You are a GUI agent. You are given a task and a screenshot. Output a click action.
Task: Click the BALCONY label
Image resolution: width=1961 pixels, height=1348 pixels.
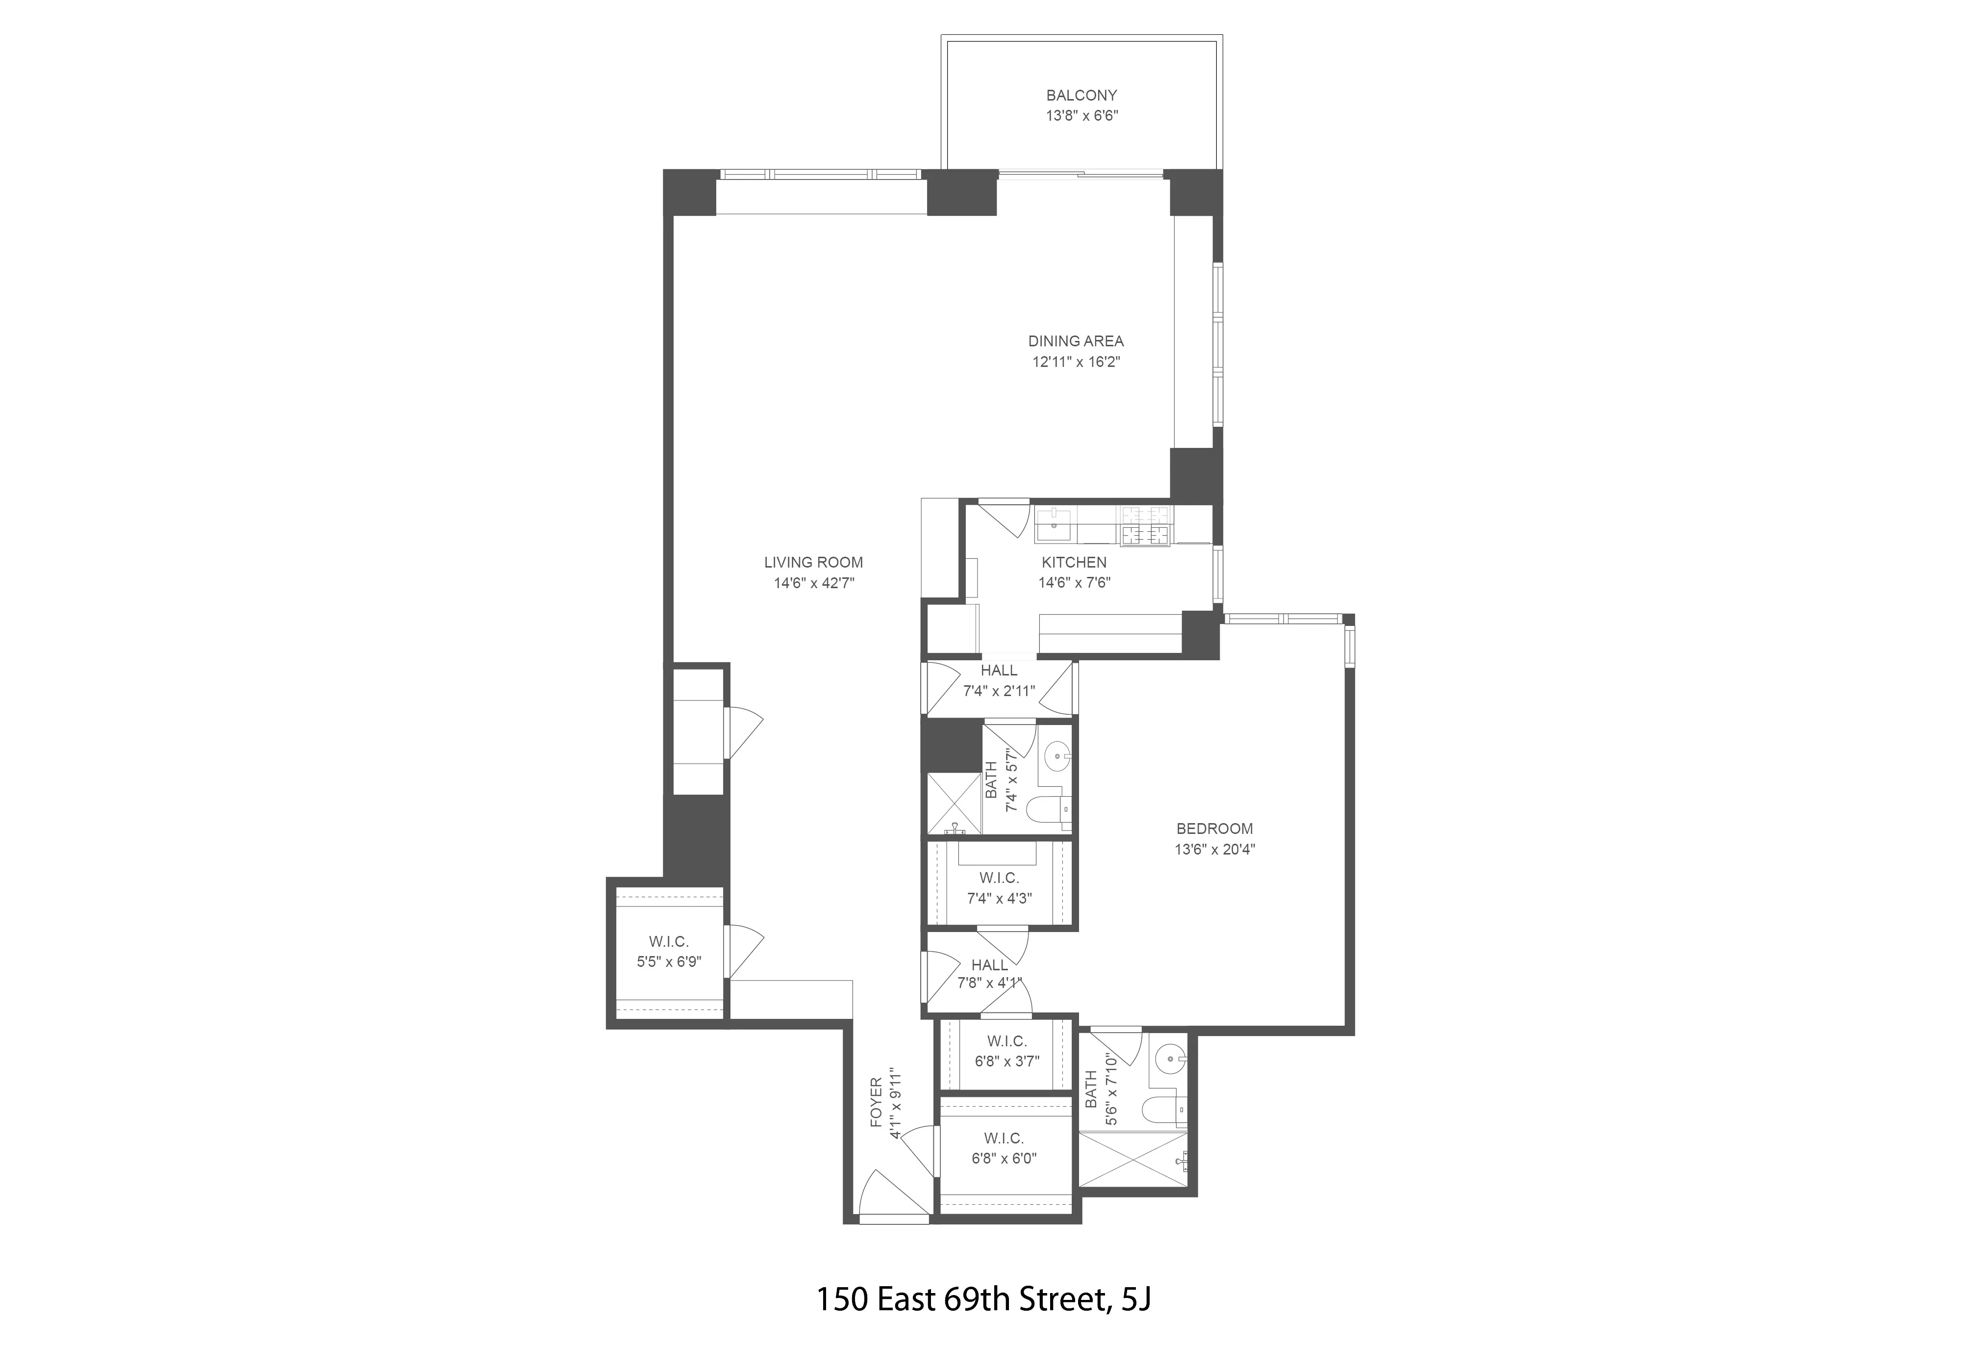(x=1081, y=96)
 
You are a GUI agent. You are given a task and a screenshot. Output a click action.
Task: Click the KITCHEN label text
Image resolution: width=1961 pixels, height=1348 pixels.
(x=1074, y=562)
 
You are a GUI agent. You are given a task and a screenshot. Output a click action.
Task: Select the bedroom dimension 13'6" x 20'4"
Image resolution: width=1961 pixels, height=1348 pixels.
(x=1215, y=850)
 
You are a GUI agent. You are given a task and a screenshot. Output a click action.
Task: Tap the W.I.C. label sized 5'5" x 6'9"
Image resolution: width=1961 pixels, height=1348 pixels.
(x=669, y=941)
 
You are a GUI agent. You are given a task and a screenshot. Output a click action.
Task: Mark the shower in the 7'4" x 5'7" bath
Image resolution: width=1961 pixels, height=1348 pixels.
(x=954, y=803)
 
